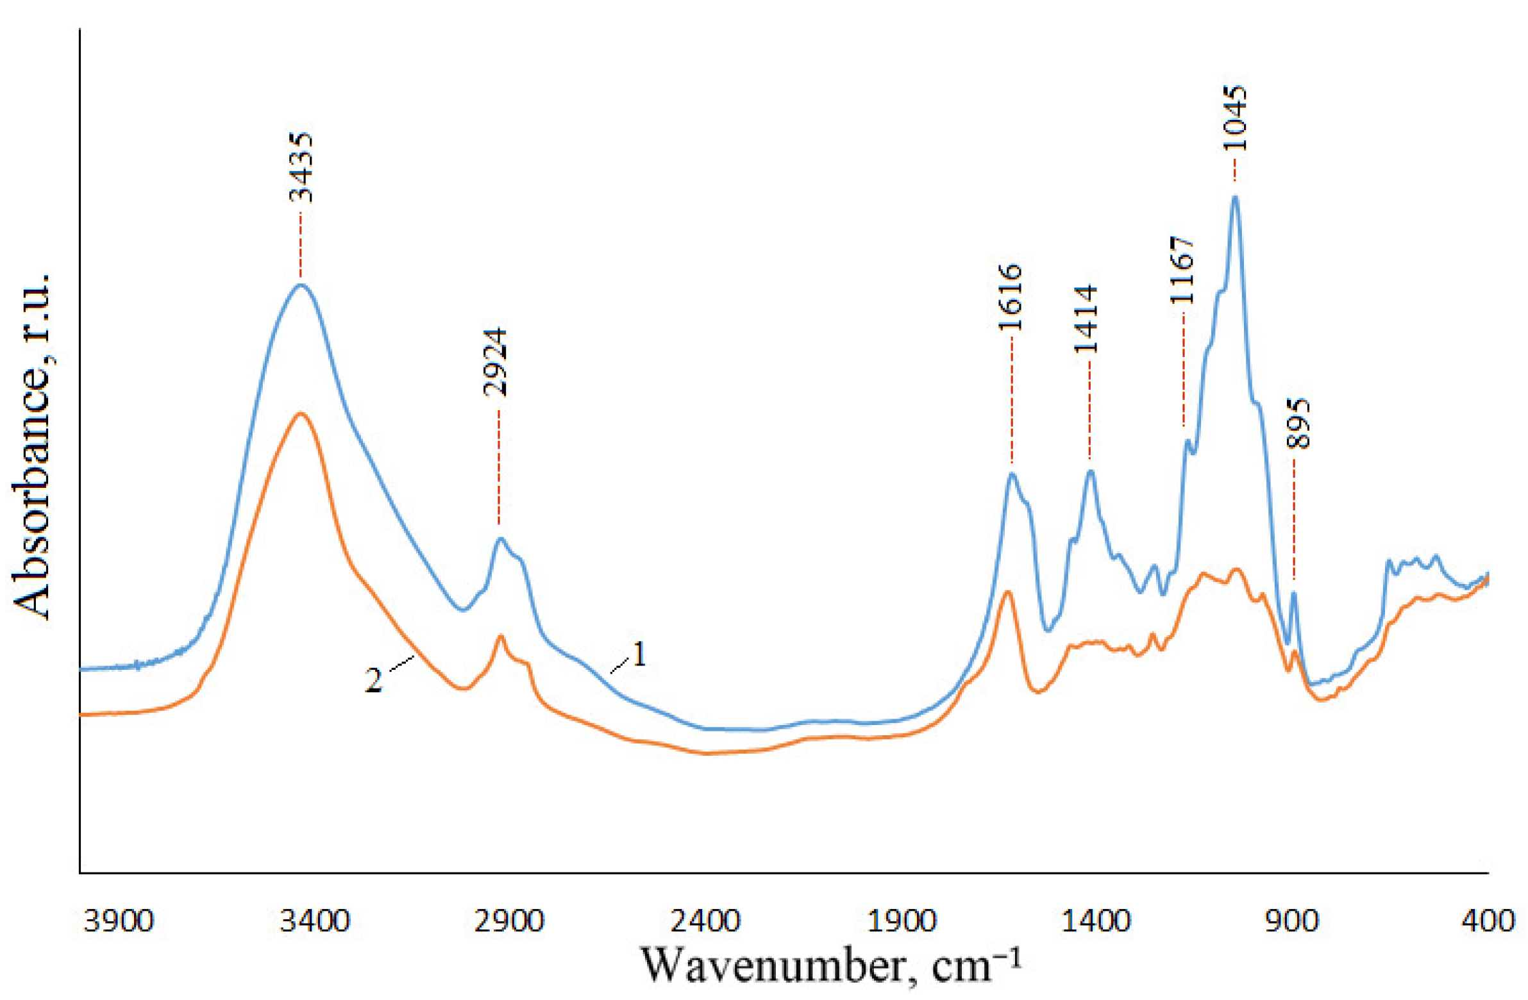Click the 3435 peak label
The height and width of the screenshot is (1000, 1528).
point(301,167)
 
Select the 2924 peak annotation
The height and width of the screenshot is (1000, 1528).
point(496,363)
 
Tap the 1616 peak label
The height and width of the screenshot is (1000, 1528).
point(1010,297)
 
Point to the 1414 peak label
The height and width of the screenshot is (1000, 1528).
point(1086,320)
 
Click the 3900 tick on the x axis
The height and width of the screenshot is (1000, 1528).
point(119,921)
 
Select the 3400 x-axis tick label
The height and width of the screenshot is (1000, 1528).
point(315,921)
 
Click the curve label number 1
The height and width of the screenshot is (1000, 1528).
point(639,655)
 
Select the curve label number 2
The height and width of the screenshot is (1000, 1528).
point(374,680)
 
